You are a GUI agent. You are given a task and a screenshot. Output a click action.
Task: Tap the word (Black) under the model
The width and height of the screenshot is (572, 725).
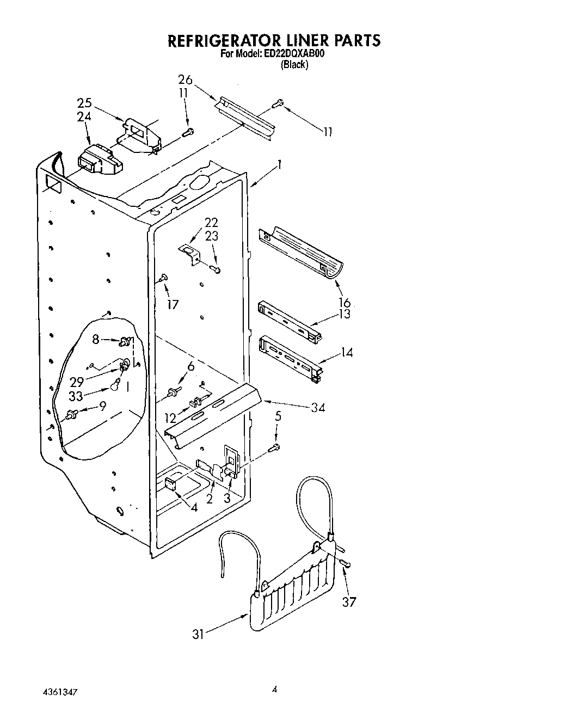294,65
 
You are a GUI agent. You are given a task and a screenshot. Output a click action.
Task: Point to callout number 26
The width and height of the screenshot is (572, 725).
185,80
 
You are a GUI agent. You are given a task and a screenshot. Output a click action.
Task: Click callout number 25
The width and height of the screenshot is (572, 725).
84,103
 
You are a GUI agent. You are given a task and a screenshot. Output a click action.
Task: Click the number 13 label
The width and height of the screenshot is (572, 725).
344,315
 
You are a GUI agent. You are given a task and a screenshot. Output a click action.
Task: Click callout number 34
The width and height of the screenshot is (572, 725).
317,407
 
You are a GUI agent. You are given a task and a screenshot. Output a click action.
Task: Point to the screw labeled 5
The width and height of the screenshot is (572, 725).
275,447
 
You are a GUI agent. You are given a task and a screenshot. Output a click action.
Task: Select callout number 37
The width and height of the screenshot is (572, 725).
348,601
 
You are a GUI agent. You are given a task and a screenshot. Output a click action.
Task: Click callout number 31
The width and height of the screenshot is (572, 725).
199,634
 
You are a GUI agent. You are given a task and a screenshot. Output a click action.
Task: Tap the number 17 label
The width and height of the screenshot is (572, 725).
173,304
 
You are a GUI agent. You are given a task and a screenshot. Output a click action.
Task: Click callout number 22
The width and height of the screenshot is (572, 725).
211,222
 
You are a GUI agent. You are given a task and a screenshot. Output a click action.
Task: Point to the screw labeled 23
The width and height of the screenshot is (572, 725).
217,269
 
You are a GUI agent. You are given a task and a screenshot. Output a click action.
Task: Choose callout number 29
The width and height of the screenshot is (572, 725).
77,382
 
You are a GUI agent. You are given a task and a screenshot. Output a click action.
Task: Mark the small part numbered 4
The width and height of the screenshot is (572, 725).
169,483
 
